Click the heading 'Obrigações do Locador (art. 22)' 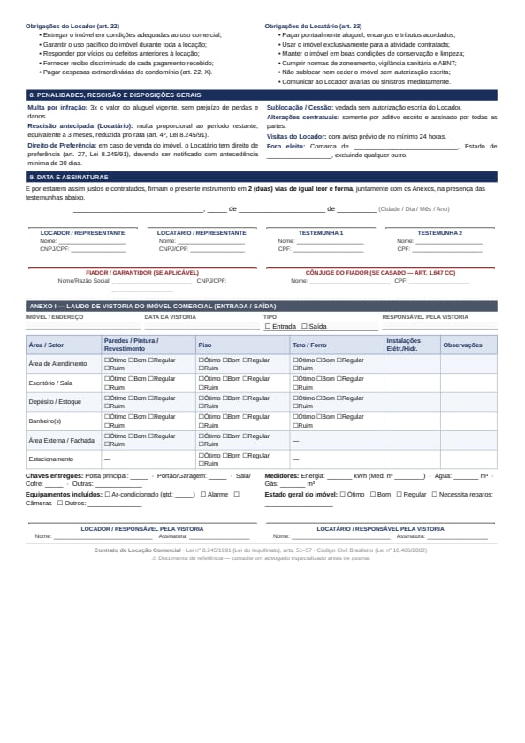[x=72, y=27]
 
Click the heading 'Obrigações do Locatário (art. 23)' [x=313, y=27]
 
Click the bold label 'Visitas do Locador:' [x=296, y=137]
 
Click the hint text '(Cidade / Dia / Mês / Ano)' [x=414, y=209]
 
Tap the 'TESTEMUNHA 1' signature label [x=320, y=233]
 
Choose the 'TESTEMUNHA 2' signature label [x=439, y=233]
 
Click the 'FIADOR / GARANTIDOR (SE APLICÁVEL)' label [x=142, y=273]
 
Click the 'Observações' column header [x=462, y=345]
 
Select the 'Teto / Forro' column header [x=310, y=345]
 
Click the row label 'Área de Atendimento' [x=58, y=363]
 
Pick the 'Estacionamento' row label [x=51, y=459]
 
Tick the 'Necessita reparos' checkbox [x=434, y=495]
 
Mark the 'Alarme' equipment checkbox [x=203, y=495]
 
